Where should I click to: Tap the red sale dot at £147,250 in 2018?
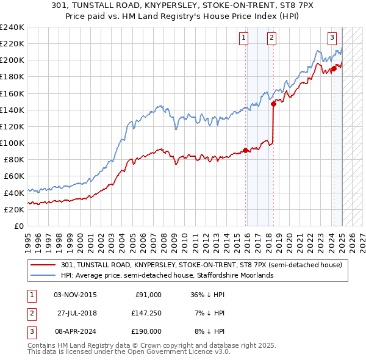(274, 104)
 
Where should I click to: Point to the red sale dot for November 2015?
(245, 150)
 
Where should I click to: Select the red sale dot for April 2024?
(334, 68)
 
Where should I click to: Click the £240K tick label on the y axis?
(12, 27)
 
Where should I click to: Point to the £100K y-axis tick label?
(12, 143)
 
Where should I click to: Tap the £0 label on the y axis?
(18, 226)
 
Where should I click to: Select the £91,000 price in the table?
(148, 295)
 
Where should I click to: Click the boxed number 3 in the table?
(30, 331)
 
